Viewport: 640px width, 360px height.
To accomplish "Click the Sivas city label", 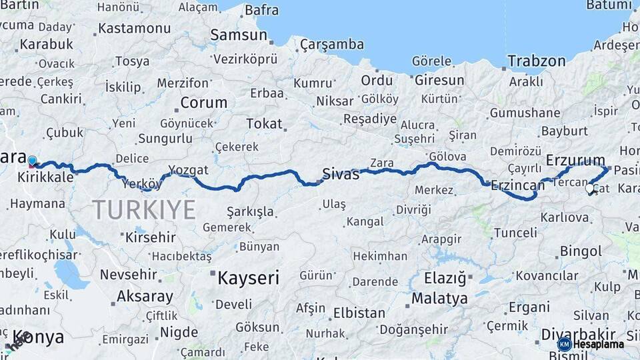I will [x=341, y=175].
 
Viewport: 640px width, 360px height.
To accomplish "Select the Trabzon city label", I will [x=536, y=61].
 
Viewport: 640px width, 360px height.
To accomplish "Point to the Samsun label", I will [x=238, y=35].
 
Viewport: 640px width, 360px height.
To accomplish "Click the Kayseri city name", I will [x=248, y=278].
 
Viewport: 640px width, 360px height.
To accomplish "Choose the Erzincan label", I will [x=517, y=186].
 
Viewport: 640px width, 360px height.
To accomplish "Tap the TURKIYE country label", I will [x=144, y=209].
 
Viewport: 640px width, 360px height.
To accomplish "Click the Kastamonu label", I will [x=134, y=29].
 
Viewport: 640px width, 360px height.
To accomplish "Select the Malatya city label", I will [x=439, y=299].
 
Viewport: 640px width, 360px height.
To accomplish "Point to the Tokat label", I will [x=264, y=124].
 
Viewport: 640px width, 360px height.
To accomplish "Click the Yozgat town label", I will [x=188, y=169].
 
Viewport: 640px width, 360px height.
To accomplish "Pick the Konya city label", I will [x=38, y=337].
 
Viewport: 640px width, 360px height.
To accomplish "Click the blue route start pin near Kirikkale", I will [x=32, y=161].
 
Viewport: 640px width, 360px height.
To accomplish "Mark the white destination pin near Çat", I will [x=589, y=189].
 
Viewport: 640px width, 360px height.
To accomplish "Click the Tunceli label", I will [x=515, y=233].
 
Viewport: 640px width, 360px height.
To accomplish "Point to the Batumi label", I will [x=608, y=5].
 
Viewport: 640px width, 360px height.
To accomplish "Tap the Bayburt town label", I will [x=564, y=131].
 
